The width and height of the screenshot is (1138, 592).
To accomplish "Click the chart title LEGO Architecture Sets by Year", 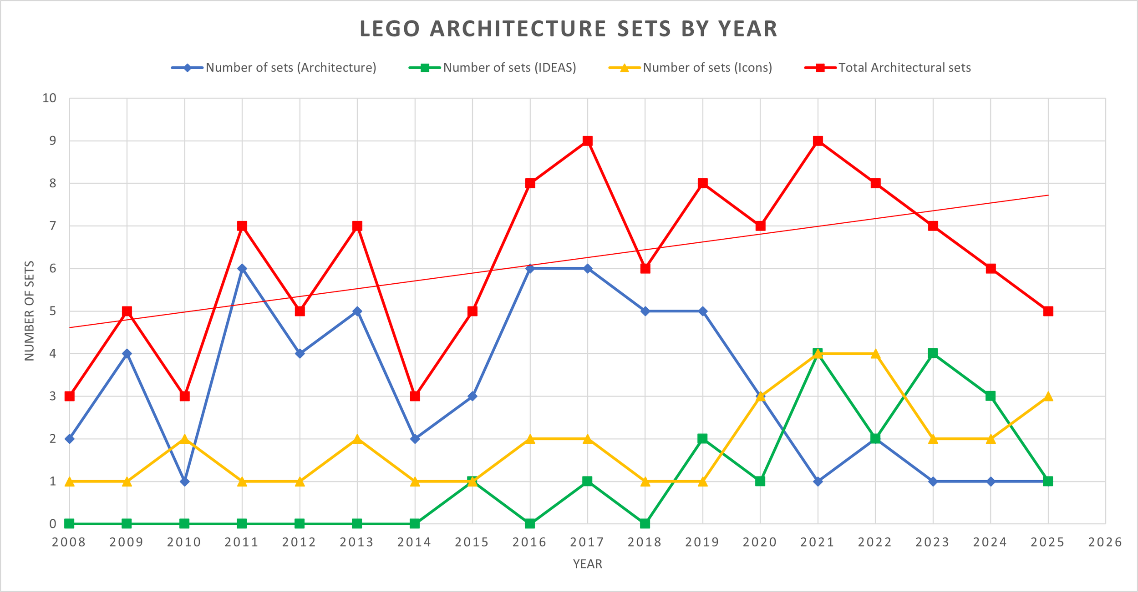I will [569, 29].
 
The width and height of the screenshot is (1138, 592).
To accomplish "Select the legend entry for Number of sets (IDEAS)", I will [509, 68].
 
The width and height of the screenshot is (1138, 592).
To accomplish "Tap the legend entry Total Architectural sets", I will [904, 68].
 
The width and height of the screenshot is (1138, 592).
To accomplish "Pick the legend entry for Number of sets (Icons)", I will [707, 68].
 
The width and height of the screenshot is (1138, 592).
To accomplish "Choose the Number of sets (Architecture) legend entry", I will [290, 68].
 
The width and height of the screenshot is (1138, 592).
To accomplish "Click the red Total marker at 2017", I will [588, 141].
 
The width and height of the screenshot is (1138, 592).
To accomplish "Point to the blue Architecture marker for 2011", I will [242, 269].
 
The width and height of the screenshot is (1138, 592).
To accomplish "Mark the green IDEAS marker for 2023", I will [933, 354].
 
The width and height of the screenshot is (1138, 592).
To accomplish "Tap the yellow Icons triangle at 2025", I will [1048, 396].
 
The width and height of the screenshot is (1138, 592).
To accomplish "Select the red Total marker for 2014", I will [415, 396].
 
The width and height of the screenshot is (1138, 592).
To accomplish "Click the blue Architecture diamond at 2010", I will [184, 482].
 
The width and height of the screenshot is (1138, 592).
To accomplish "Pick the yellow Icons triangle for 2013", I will [357, 439].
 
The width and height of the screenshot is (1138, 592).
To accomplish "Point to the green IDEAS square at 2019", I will [703, 439].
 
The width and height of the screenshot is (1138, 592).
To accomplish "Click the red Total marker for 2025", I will [1048, 311].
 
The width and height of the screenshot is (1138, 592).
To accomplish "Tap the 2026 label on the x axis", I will [1105, 542].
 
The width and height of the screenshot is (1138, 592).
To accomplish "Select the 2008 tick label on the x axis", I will [69, 542].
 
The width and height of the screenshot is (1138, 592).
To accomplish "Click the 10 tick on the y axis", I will [50, 98].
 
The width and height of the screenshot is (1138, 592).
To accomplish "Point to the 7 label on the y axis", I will [53, 226].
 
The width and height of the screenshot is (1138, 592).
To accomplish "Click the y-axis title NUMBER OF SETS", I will [30, 311].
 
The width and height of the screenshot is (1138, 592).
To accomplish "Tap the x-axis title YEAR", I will [587, 564].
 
